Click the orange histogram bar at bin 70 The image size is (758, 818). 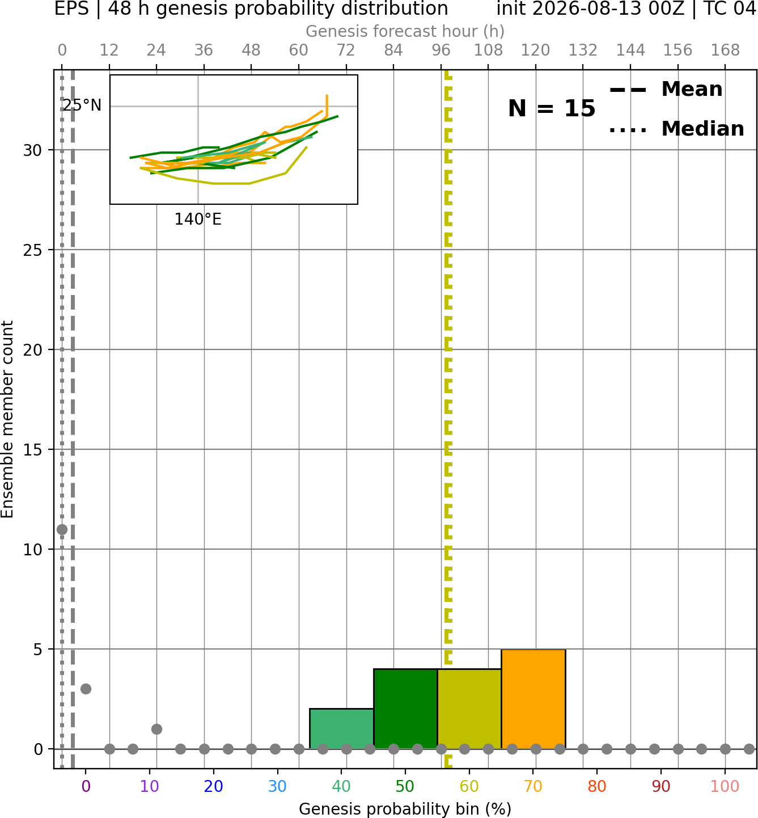pyautogui.click(x=533, y=699)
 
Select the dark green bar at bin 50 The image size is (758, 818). pyautogui.click(x=405, y=709)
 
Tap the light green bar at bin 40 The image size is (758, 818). pyautogui.click(x=341, y=728)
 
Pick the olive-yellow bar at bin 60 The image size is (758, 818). pyautogui.click(x=469, y=709)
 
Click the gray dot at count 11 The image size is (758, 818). pyautogui.click(x=62, y=530)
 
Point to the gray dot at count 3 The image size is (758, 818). pyautogui.click(x=86, y=689)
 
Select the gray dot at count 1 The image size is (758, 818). pyautogui.click(x=156, y=729)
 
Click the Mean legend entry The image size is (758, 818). pyautogui.click(x=666, y=90)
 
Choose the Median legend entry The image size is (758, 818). pyautogui.click(x=676, y=129)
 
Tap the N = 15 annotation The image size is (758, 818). pyautogui.click(x=552, y=108)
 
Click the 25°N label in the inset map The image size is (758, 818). pyautogui.click(x=82, y=106)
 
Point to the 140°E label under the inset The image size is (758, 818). pyautogui.click(x=198, y=219)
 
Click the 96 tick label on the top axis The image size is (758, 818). pyautogui.click(x=441, y=50)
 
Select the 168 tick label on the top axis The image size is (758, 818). pyautogui.click(x=725, y=50)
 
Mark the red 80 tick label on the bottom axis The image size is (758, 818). pyautogui.click(x=597, y=786)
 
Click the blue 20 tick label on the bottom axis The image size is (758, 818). pyautogui.click(x=213, y=786)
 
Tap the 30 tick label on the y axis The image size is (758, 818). pyautogui.click(x=32, y=150)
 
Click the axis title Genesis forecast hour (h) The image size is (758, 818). pyautogui.click(x=405, y=31)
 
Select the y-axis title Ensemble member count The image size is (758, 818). pyautogui.click(x=7, y=419)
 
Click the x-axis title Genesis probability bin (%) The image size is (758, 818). pyautogui.click(x=405, y=809)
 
